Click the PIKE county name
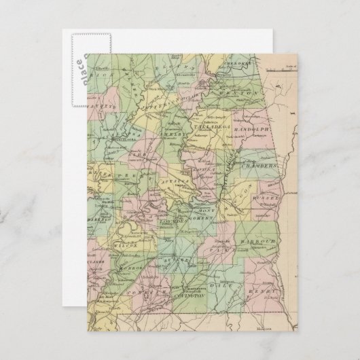pos(221,250)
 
